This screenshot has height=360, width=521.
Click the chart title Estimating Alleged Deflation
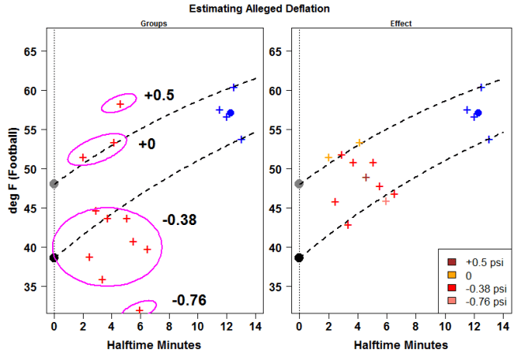[x=260, y=9]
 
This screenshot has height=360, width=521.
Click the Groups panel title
[x=153, y=24]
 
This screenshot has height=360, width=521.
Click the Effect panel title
[x=401, y=24]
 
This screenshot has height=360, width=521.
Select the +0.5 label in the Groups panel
[x=159, y=96]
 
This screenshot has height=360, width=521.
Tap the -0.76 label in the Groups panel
[x=189, y=300]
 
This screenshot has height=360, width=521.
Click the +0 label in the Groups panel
[x=147, y=144]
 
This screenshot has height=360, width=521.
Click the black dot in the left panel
[x=54, y=257]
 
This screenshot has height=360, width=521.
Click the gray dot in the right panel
[x=299, y=184]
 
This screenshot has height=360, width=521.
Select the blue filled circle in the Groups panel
[x=231, y=113]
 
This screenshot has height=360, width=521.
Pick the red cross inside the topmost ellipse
[x=120, y=103]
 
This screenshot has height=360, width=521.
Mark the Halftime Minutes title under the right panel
[x=400, y=346]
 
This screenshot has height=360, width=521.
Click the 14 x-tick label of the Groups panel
[x=255, y=325]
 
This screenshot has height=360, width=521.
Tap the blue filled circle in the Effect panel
[x=478, y=113]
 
